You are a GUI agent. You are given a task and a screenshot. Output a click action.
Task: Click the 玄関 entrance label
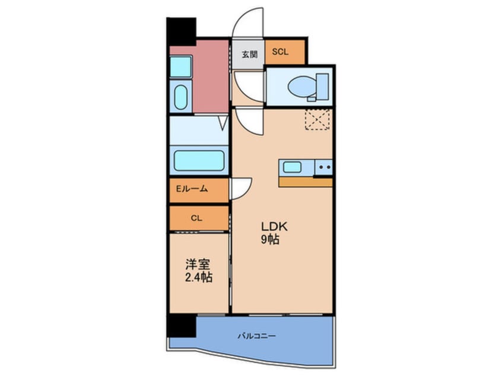click(249, 54)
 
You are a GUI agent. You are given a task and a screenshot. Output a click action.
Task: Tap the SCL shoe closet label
click(280, 52)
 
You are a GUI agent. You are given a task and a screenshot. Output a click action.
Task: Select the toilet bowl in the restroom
click(302, 86)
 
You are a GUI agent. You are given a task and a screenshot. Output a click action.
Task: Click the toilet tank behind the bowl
click(322, 86)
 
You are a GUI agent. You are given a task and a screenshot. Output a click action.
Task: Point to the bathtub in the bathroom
click(199, 161)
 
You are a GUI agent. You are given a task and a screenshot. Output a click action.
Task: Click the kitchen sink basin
click(292, 167)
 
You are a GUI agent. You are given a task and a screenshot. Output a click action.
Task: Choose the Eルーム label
click(192, 189)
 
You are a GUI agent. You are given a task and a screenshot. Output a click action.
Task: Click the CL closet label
click(196, 218)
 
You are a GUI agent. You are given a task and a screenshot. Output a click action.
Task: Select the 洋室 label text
click(198, 265)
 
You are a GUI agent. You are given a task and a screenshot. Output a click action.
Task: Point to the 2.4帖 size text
click(199, 278)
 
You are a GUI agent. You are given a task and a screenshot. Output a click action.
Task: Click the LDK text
click(275, 227)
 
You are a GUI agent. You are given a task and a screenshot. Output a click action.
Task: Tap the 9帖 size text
click(270, 240)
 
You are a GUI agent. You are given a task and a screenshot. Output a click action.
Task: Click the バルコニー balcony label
click(257, 336)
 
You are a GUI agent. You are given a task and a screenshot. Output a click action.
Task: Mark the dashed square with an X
click(317, 119)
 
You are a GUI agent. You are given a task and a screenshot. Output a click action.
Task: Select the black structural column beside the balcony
click(181, 326)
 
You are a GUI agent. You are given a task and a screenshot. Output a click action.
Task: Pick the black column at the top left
click(181, 31)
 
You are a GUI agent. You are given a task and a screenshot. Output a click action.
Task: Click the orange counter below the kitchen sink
click(306, 182)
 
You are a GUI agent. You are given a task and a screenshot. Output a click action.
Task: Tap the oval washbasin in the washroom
click(181, 97)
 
